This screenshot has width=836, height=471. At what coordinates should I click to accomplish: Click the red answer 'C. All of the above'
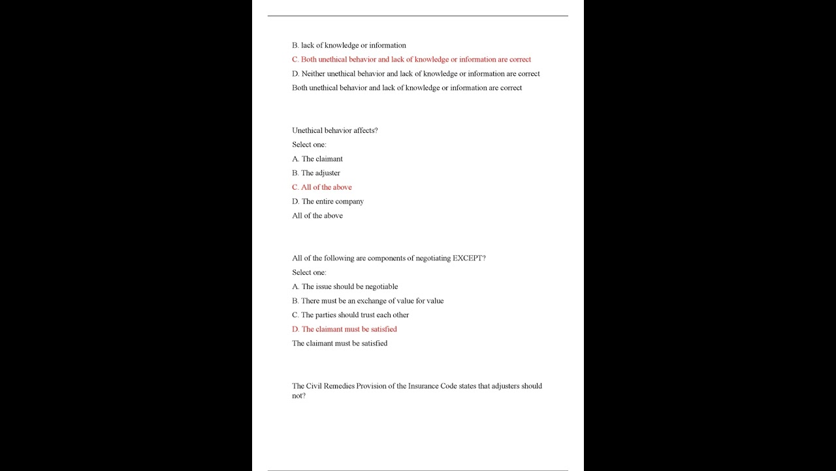321,187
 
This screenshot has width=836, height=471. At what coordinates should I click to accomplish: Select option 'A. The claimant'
317,159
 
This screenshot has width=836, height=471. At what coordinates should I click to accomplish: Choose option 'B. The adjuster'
316,173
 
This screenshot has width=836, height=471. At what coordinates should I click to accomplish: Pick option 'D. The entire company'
328,201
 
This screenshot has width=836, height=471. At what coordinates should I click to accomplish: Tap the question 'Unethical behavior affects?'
335,130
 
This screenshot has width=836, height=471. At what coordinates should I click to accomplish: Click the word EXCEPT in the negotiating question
469,258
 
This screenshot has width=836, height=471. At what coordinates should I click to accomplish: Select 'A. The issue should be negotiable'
345,287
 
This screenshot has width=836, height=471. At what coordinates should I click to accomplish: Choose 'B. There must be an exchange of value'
368,301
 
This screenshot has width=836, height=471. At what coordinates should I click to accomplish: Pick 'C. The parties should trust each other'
350,315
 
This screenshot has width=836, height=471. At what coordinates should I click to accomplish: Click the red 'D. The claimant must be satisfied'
344,329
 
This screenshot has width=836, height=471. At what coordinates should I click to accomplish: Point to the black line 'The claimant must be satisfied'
340,343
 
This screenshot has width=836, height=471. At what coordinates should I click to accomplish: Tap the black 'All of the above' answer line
317,216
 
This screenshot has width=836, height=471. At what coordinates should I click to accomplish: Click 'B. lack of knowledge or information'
349,45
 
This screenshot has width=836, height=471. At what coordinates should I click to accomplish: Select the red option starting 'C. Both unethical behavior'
411,60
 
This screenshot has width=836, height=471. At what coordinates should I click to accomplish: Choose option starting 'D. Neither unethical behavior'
415,74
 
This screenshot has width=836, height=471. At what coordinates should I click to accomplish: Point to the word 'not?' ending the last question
298,396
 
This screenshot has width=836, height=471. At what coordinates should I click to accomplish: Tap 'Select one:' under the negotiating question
309,272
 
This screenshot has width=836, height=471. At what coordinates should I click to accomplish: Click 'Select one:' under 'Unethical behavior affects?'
309,145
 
